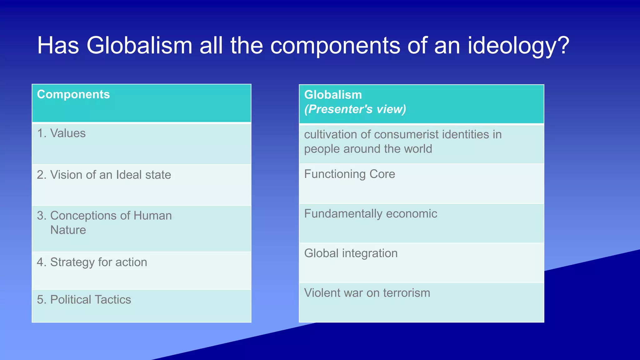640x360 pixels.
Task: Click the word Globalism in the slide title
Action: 139,46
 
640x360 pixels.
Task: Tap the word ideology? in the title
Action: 518,46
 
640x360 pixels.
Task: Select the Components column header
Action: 73,94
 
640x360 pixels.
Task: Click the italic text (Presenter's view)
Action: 355,109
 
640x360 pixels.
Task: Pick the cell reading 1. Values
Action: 61,133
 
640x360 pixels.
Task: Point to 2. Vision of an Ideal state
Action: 104,175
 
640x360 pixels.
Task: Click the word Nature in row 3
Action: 68,230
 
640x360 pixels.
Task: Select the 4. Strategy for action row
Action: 92,262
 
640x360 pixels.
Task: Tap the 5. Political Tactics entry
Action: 84,300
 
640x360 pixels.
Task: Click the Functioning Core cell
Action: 349,174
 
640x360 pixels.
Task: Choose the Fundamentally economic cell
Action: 370,214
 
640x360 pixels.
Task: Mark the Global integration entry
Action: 351,253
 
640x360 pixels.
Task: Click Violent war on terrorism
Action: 367,293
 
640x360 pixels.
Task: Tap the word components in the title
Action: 335,46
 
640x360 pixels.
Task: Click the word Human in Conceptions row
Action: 152,216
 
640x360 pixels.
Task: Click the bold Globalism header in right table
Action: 333,95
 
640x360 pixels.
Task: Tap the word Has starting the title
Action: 58,46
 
